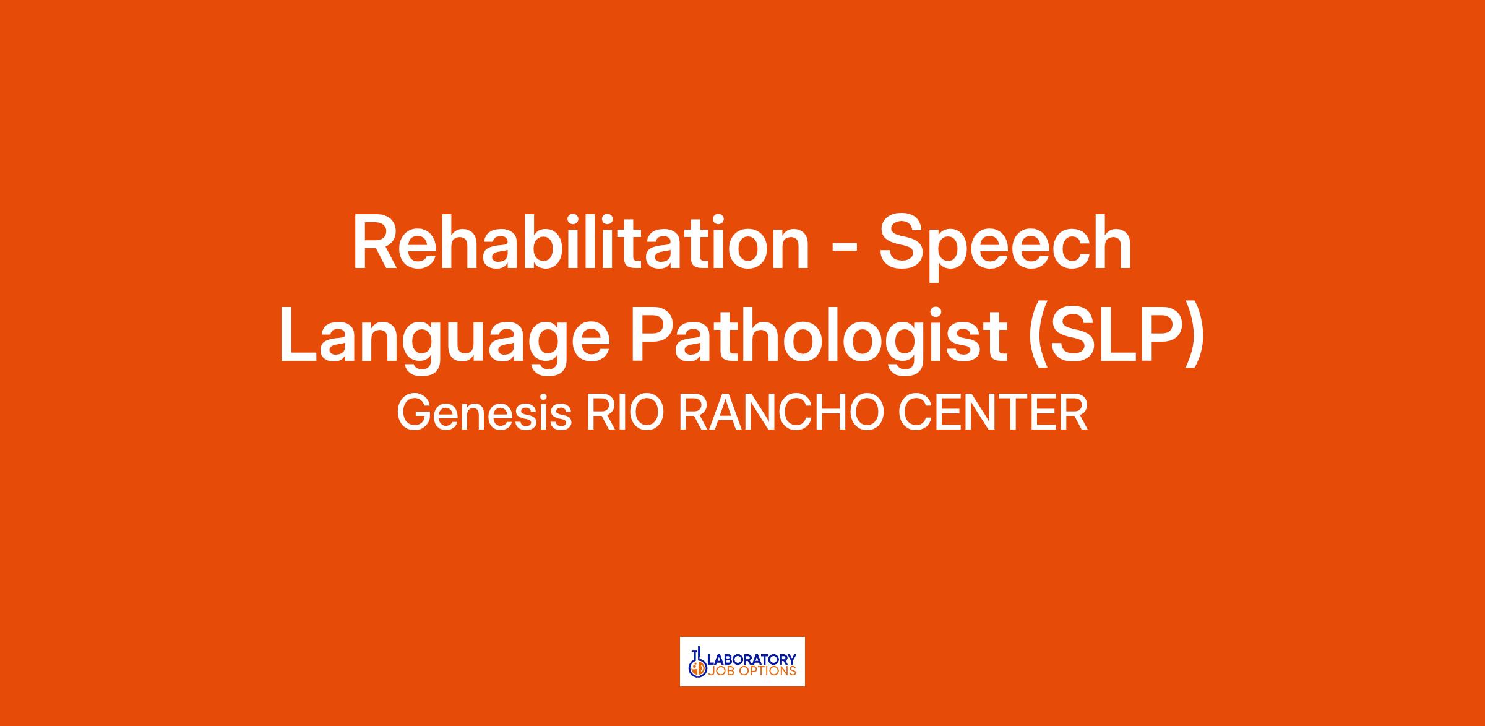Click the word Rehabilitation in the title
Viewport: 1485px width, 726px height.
[x=581, y=242]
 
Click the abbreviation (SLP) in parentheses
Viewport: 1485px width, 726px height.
[x=1116, y=340]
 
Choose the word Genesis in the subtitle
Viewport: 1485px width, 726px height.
[x=484, y=413]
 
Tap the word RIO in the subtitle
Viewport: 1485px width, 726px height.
[x=626, y=413]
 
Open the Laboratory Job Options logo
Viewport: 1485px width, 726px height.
[x=742, y=662]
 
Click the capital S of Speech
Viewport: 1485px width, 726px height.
[x=904, y=242]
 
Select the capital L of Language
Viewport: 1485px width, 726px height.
[x=299, y=334]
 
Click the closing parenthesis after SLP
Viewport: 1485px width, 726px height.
[x=1195, y=340]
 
